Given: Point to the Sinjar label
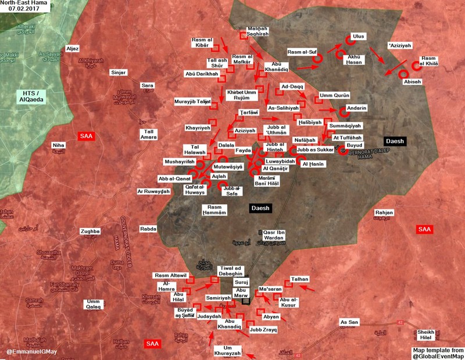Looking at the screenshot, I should tap(118, 72).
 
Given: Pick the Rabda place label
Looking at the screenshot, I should tap(149, 229).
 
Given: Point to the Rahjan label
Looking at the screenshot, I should tap(384, 213).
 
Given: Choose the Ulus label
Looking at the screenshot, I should tap(359, 36).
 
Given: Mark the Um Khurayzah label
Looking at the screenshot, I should tap(227, 351).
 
